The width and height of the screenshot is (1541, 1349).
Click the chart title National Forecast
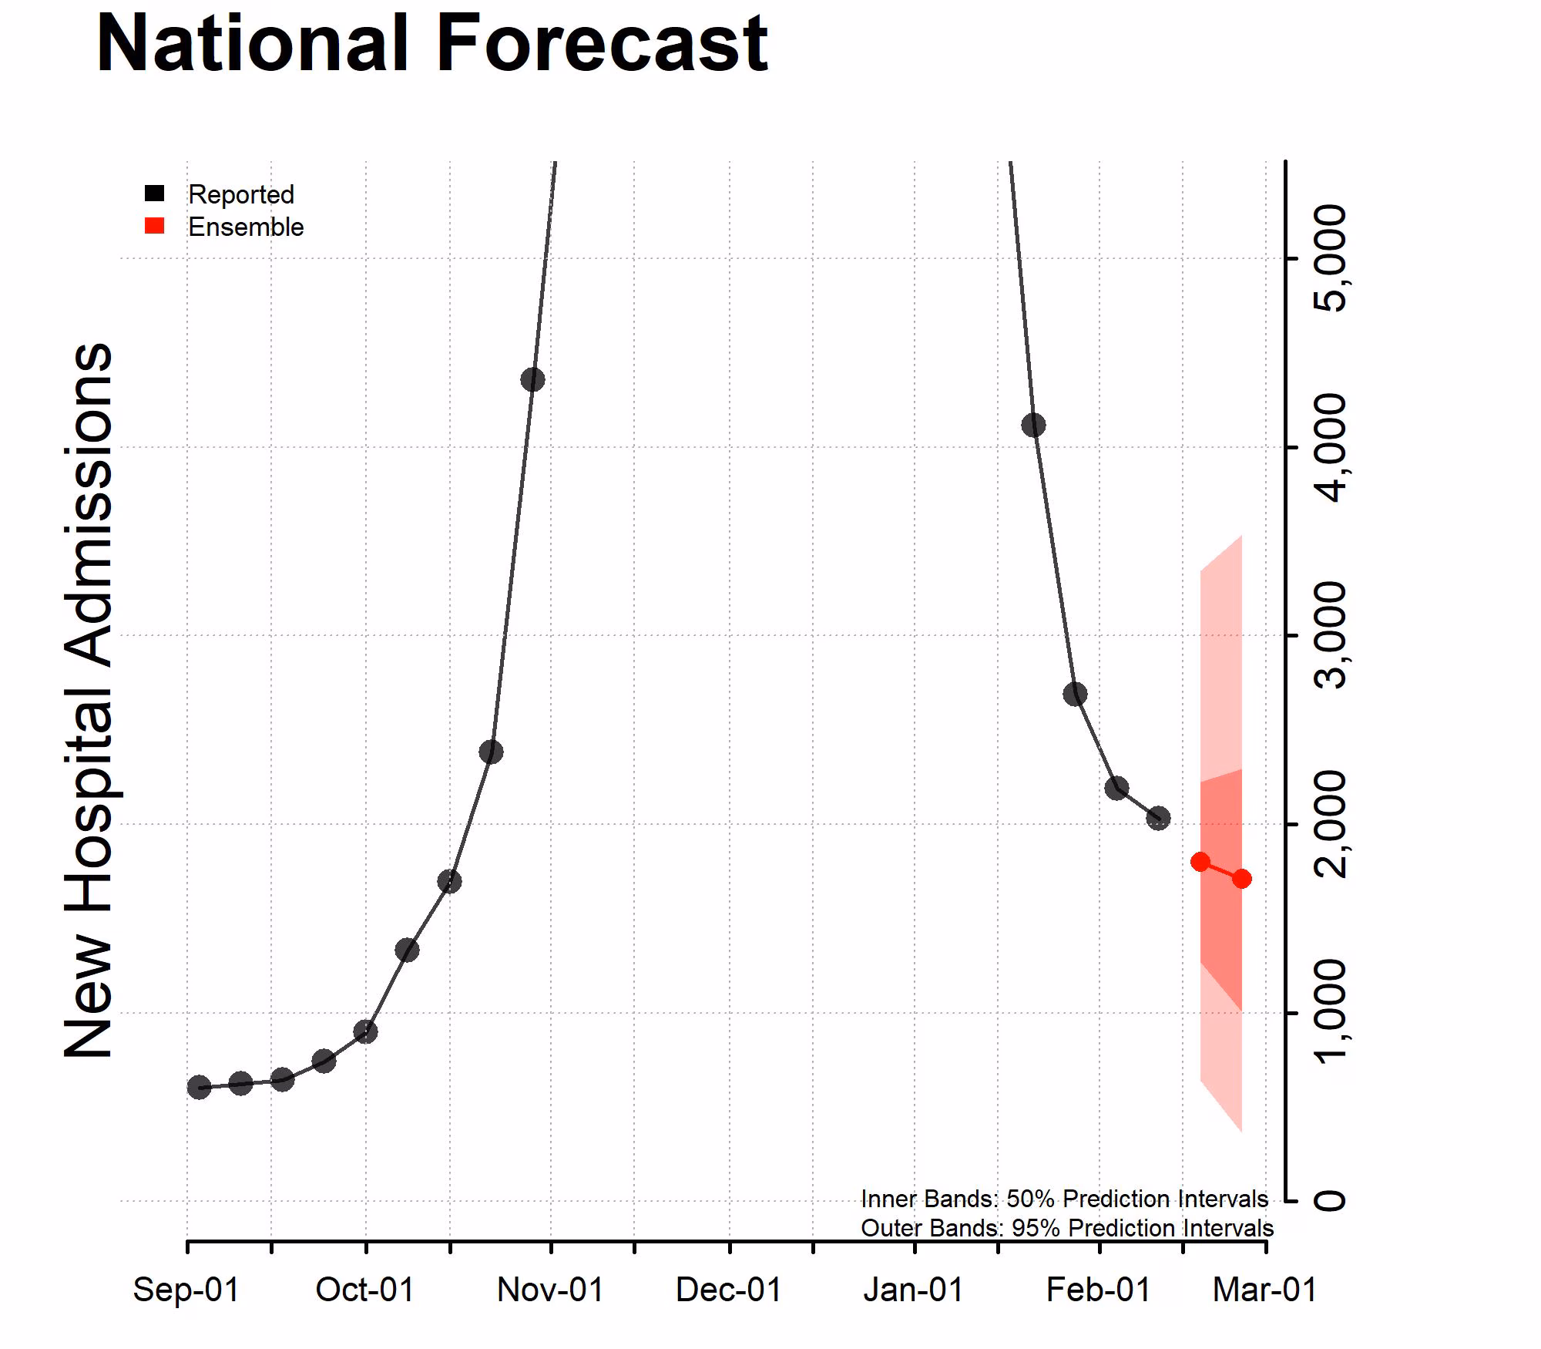(x=431, y=45)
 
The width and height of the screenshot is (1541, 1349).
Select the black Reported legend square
(x=155, y=193)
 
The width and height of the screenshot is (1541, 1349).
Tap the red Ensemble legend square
(x=155, y=226)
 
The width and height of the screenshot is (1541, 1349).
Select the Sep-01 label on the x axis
(x=186, y=1290)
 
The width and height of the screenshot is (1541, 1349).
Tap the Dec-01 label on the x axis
(x=729, y=1290)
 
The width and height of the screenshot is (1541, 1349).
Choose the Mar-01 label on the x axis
(x=1265, y=1290)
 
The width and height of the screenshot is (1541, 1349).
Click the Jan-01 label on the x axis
(x=914, y=1290)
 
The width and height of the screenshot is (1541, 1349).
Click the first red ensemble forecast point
(x=1200, y=862)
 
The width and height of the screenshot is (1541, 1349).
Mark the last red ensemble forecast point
(x=1241, y=879)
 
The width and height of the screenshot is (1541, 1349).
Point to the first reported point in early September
(x=199, y=1087)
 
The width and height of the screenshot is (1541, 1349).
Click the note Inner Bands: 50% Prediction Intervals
(x=1064, y=1199)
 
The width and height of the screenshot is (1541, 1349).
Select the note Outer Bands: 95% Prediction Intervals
(x=1066, y=1227)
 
